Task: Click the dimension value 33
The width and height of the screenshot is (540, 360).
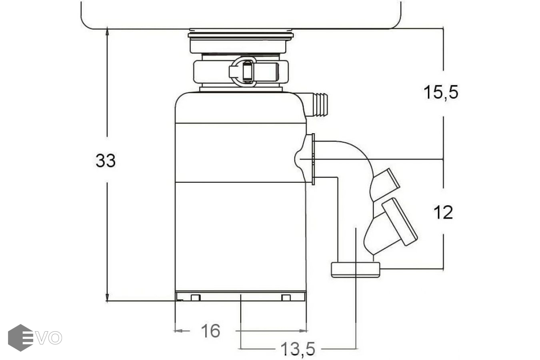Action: pyautogui.click(x=106, y=160)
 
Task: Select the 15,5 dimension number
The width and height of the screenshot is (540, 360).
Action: pyautogui.click(x=441, y=92)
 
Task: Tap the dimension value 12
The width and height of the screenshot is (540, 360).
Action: pyautogui.click(x=443, y=212)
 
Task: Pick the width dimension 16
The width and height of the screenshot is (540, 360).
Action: pyautogui.click(x=211, y=331)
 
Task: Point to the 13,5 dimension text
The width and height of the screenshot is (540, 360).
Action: pyautogui.click(x=298, y=349)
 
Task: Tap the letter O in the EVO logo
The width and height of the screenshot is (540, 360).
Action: pyautogui.click(x=54, y=338)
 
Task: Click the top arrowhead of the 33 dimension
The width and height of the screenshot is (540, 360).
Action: pyautogui.click(x=107, y=32)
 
